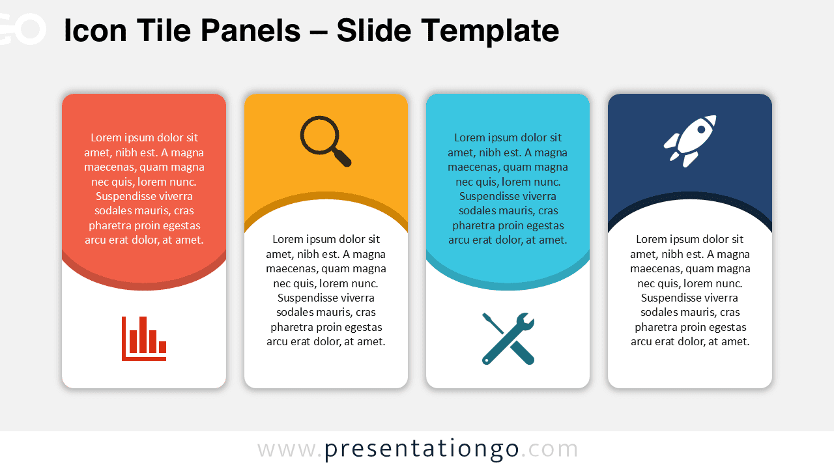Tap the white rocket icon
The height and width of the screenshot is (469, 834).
690,141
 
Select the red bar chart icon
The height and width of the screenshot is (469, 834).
144,338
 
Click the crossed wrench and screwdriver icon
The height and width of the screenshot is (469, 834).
508,338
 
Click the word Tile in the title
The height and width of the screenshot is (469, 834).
157,31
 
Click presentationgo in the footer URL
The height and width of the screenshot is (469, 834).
422,449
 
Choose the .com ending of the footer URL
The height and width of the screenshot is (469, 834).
550,449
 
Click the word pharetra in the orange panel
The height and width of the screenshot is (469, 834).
293,327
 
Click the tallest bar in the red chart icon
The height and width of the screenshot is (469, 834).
143,334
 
